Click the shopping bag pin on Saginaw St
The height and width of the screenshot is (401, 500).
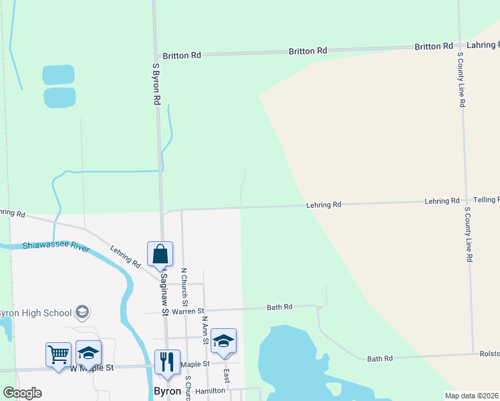pyautogui.click(x=160, y=254)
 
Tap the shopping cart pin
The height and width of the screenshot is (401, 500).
pyautogui.click(x=58, y=354)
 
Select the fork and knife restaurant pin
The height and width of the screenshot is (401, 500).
pyautogui.click(x=167, y=362)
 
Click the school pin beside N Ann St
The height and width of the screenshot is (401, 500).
pyautogui.click(x=223, y=341)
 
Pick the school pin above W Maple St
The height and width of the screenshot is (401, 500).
pyautogui.click(x=88, y=353)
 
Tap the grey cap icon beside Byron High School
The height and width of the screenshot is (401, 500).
pyautogui.click(x=82, y=312)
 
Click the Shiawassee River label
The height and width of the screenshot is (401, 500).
pyautogui.click(x=56, y=247)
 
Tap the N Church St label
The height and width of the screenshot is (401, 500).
pyautogui.click(x=184, y=288)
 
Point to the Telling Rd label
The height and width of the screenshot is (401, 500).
pyautogui.click(x=486, y=200)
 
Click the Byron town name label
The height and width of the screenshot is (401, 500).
pyautogui.click(x=167, y=391)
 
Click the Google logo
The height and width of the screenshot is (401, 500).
pyautogui.click(x=22, y=393)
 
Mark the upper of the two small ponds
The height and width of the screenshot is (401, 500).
pyautogui.click(x=59, y=74)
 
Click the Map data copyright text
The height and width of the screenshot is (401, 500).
pyautogui.click(x=471, y=396)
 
